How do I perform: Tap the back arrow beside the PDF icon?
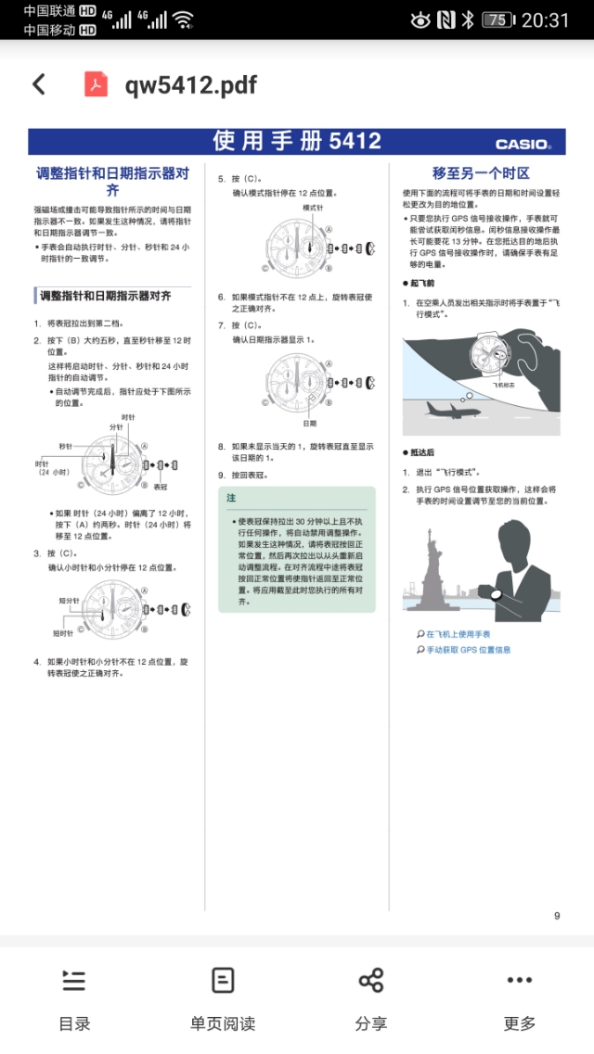39,84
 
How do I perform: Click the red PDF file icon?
97,84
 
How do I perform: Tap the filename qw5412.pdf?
190,85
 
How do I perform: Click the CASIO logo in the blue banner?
523,144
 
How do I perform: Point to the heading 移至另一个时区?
481,173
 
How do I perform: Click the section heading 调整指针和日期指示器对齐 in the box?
104,297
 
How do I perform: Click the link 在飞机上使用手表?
458,635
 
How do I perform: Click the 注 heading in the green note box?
231,498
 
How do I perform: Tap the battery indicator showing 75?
497,19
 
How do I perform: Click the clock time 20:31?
546,19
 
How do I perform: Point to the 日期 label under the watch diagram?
309,423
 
